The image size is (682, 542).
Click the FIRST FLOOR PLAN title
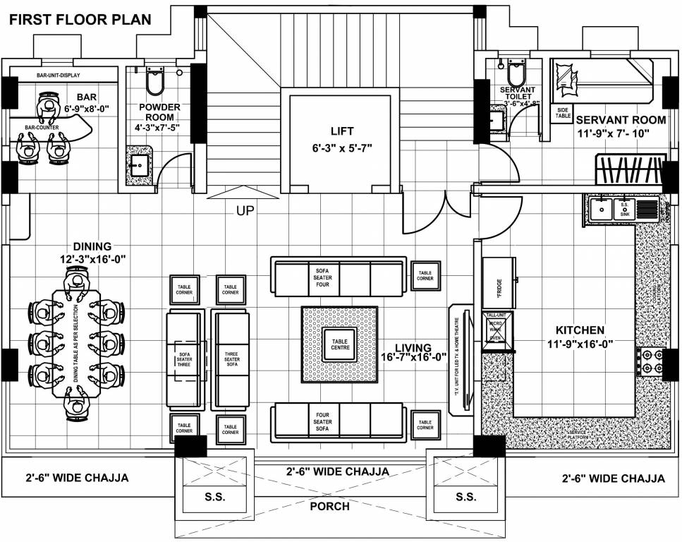click(x=79, y=19)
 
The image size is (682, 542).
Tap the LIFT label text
click(x=342, y=131)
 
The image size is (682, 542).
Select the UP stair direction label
click(x=245, y=210)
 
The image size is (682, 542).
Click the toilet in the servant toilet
click(x=516, y=73)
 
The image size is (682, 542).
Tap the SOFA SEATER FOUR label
click(x=322, y=277)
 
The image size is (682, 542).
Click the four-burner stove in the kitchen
click(x=650, y=361)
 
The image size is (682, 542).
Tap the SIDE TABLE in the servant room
click(x=563, y=113)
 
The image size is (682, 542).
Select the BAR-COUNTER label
click(x=42, y=128)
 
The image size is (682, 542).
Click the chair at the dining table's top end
click(x=75, y=282)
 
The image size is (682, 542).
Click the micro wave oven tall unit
click(x=497, y=330)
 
